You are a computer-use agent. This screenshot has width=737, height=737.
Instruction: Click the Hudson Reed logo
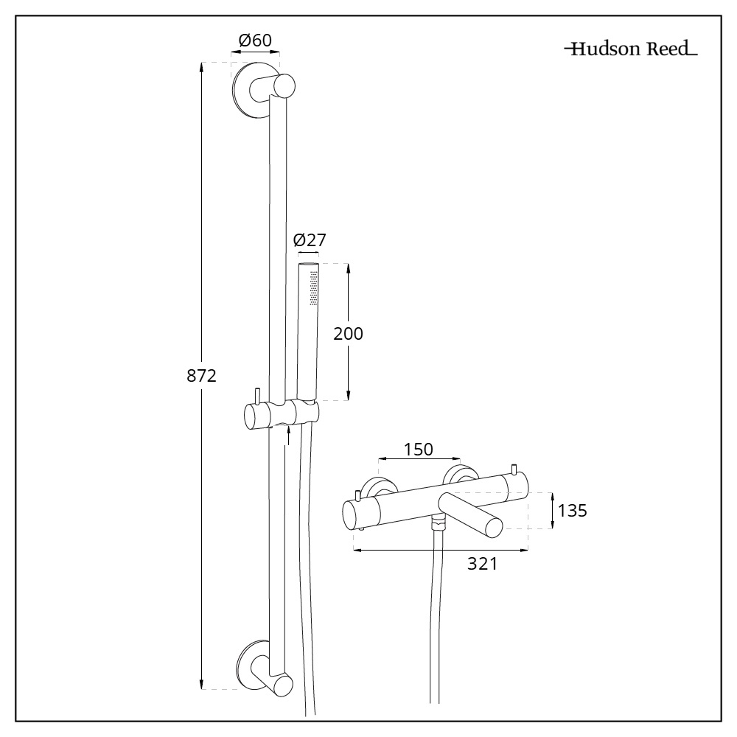coord(631,50)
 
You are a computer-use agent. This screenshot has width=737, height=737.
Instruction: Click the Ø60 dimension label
coord(256,40)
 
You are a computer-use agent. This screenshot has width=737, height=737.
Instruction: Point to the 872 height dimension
coord(201,376)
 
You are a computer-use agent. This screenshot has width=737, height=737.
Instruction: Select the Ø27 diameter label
coord(309,240)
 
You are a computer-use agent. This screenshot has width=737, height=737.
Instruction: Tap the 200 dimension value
coord(348,333)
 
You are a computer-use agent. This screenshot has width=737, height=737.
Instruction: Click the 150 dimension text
coord(418,449)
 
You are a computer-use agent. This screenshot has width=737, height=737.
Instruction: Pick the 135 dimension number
coord(572,510)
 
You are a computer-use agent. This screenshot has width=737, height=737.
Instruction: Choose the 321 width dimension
coord(483,564)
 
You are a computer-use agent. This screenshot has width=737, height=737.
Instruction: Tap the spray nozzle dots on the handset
coord(314,287)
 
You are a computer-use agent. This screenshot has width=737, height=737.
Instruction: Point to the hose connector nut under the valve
coord(440,524)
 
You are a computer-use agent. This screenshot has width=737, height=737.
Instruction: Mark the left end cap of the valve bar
coord(354,513)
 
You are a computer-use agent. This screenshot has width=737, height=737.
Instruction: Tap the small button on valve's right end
coord(514,469)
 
